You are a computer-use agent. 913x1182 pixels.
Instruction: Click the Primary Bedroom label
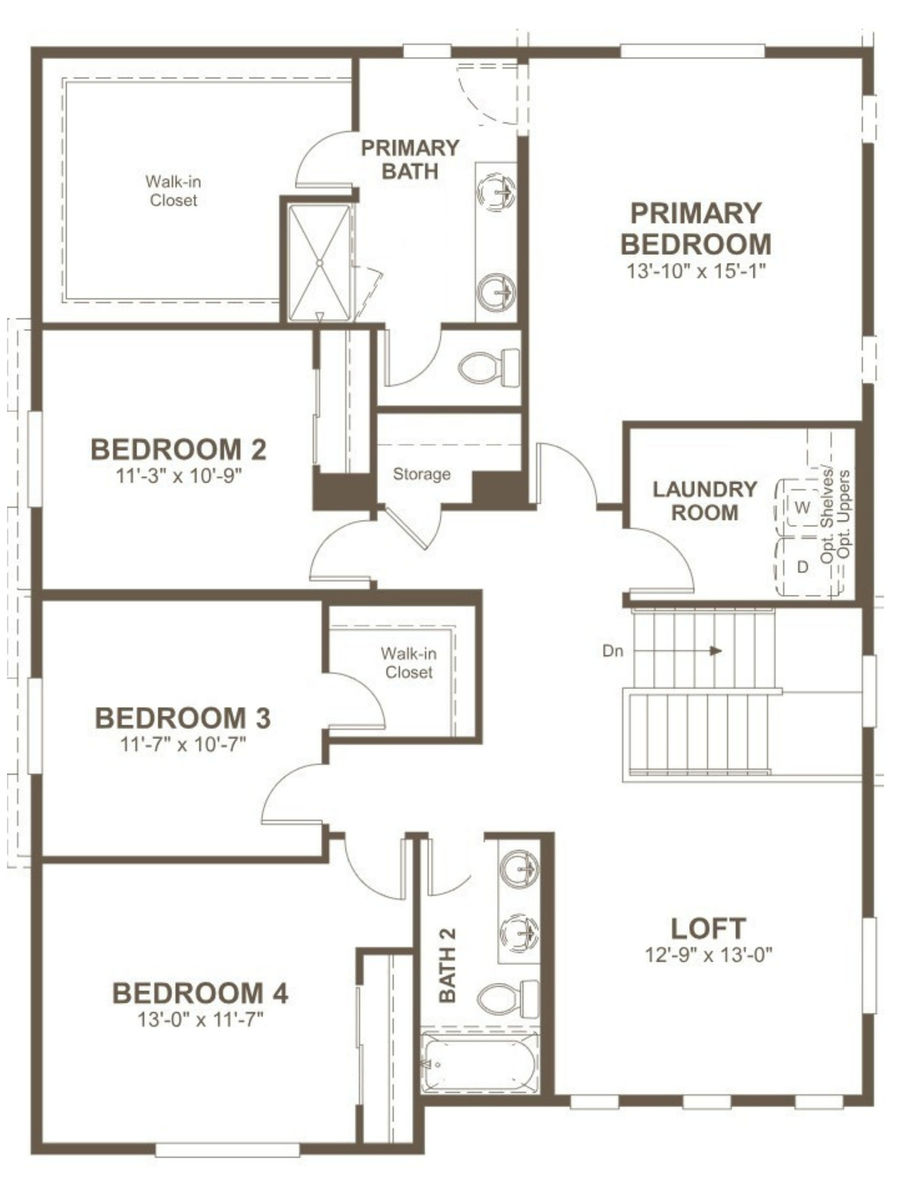(x=695, y=229)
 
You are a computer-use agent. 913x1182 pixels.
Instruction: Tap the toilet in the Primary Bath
(x=489, y=368)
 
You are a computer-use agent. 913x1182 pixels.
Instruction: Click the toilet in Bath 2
(x=508, y=999)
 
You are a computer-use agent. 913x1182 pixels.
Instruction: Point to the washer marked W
(x=802, y=507)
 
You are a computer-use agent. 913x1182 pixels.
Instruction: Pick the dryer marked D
(x=802, y=567)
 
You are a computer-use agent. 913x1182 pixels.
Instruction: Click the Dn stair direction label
(x=612, y=651)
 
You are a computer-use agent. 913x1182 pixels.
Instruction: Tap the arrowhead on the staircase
(x=715, y=651)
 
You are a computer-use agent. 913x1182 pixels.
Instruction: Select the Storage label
(x=422, y=474)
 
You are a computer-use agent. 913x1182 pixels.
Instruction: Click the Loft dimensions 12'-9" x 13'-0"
(x=708, y=955)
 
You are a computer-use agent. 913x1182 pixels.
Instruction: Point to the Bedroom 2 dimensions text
(x=178, y=476)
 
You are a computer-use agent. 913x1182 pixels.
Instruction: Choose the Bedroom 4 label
(x=200, y=993)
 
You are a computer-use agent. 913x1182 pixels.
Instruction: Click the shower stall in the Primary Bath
(x=319, y=262)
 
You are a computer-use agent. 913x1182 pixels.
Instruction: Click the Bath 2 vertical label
(x=447, y=966)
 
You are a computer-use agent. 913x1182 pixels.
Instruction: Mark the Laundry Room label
(x=705, y=501)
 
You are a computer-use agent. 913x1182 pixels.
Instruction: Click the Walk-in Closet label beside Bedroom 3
(x=409, y=663)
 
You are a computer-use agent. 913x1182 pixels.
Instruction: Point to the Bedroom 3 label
(x=182, y=718)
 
